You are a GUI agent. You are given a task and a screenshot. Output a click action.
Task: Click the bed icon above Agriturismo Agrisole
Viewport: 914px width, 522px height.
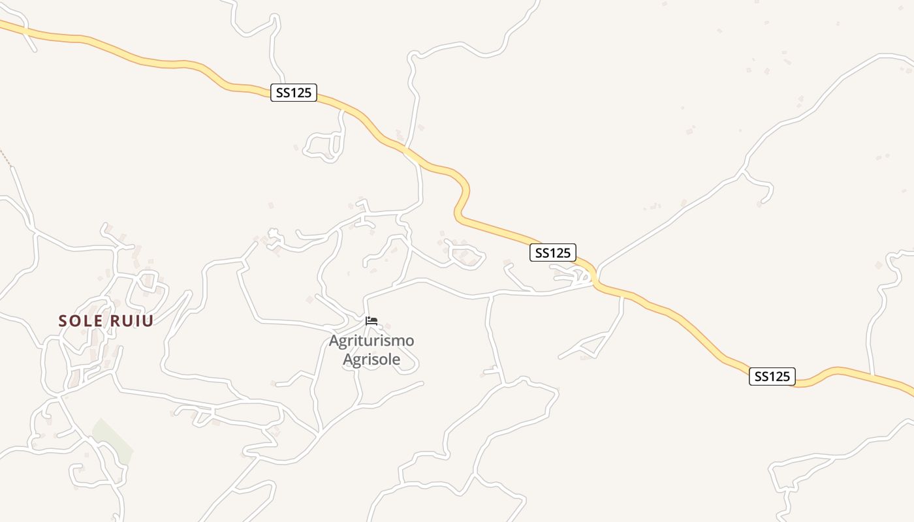click(371, 321)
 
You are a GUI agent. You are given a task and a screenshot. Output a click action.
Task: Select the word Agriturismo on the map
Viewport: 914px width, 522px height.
click(371, 341)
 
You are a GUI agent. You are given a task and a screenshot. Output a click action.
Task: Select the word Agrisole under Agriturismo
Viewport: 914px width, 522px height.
click(371, 360)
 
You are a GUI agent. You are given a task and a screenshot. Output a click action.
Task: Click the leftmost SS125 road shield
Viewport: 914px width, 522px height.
click(293, 93)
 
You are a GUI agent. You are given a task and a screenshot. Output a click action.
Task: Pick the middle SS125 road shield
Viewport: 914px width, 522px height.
click(552, 253)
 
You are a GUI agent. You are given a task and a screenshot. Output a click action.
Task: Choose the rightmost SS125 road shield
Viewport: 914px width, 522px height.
click(772, 376)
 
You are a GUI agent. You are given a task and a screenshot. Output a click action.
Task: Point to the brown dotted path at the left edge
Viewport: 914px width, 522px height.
click(5, 157)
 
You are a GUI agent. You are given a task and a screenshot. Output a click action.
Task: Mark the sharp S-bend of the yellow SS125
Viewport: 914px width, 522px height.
click(462, 196)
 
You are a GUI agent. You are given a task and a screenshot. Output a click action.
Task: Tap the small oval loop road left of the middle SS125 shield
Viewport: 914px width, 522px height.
click(465, 255)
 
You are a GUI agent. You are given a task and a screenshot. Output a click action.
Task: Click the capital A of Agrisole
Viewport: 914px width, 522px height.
click(349, 360)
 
